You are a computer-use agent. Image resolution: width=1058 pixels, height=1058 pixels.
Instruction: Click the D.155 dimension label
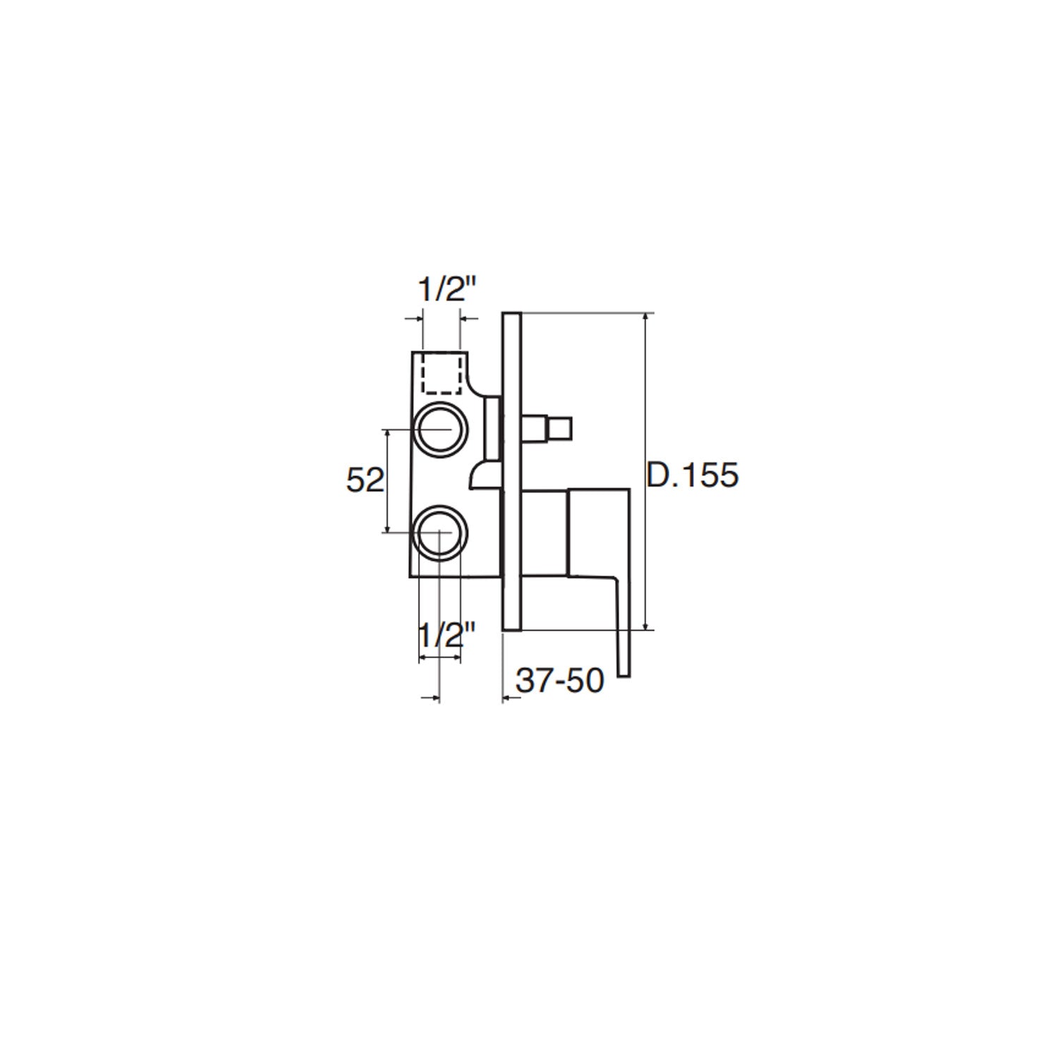tap(693, 475)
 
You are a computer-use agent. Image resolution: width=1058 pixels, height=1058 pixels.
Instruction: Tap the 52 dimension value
tap(365, 480)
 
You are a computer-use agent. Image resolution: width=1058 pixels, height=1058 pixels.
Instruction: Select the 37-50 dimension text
tap(560, 681)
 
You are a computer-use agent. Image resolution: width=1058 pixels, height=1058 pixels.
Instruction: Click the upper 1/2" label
tap(448, 289)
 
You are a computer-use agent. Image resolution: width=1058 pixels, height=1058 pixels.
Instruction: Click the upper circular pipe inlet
tap(440, 430)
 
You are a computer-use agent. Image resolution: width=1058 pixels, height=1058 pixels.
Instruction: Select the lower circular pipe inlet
tap(440, 532)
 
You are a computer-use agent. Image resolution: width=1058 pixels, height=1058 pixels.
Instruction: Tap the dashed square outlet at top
tap(441, 373)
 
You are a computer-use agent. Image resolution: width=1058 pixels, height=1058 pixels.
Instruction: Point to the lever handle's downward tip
tap(624, 674)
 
